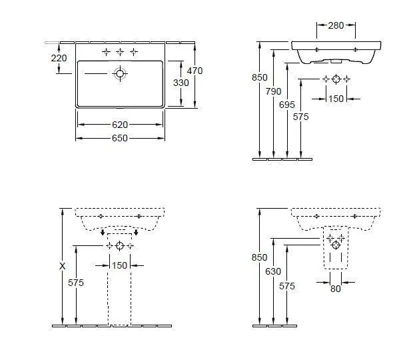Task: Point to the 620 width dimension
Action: tap(120, 125)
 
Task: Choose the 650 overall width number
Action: tap(120, 138)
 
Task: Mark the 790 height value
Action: tap(273, 91)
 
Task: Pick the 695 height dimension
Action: tap(288, 105)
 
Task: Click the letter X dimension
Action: tap(62, 265)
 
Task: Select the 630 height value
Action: tap(273, 271)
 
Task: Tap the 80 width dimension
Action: tap(336, 289)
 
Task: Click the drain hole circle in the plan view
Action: tap(120, 74)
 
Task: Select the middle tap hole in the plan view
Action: tap(120, 51)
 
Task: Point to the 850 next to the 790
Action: tap(258, 77)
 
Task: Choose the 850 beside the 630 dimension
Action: tap(258, 257)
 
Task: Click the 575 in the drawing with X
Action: tap(77, 283)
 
